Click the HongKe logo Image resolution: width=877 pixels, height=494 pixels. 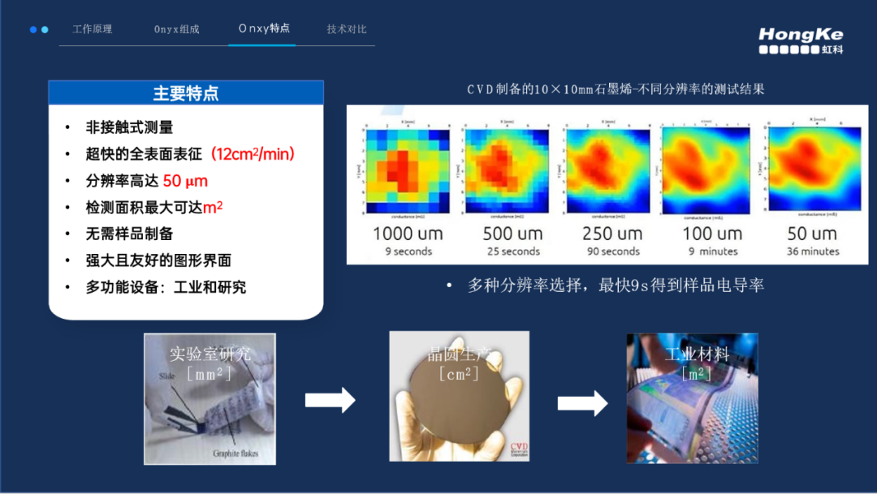pyautogui.click(x=801, y=41)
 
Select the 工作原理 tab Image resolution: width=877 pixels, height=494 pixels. pyautogui.click(x=93, y=29)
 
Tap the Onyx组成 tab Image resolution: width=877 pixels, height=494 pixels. pyautogui.click(x=176, y=29)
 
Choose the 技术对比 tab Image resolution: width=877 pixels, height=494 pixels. pyautogui.click(x=347, y=29)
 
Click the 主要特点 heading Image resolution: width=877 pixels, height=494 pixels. pyautogui.click(x=186, y=93)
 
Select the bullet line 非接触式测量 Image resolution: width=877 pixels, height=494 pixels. pyautogui.click(x=129, y=127)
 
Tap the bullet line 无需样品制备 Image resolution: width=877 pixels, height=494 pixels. pyautogui.click(x=129, y=234)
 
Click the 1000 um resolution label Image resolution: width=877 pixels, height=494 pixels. pyautogui.click(x=408, y=234)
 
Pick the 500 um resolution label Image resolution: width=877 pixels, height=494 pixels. pyautogui.click(x=512, y=234)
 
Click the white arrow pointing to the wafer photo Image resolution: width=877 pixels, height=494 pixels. pyautogui.click(x=330, y=399)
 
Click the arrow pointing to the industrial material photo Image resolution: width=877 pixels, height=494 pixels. pyautogui.click(x=583, y=402)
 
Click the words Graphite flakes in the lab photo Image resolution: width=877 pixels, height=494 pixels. pyautogui.click(x=235, y=453)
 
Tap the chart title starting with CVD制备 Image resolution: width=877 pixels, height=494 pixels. pyautogui.click(x=616, y=89)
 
